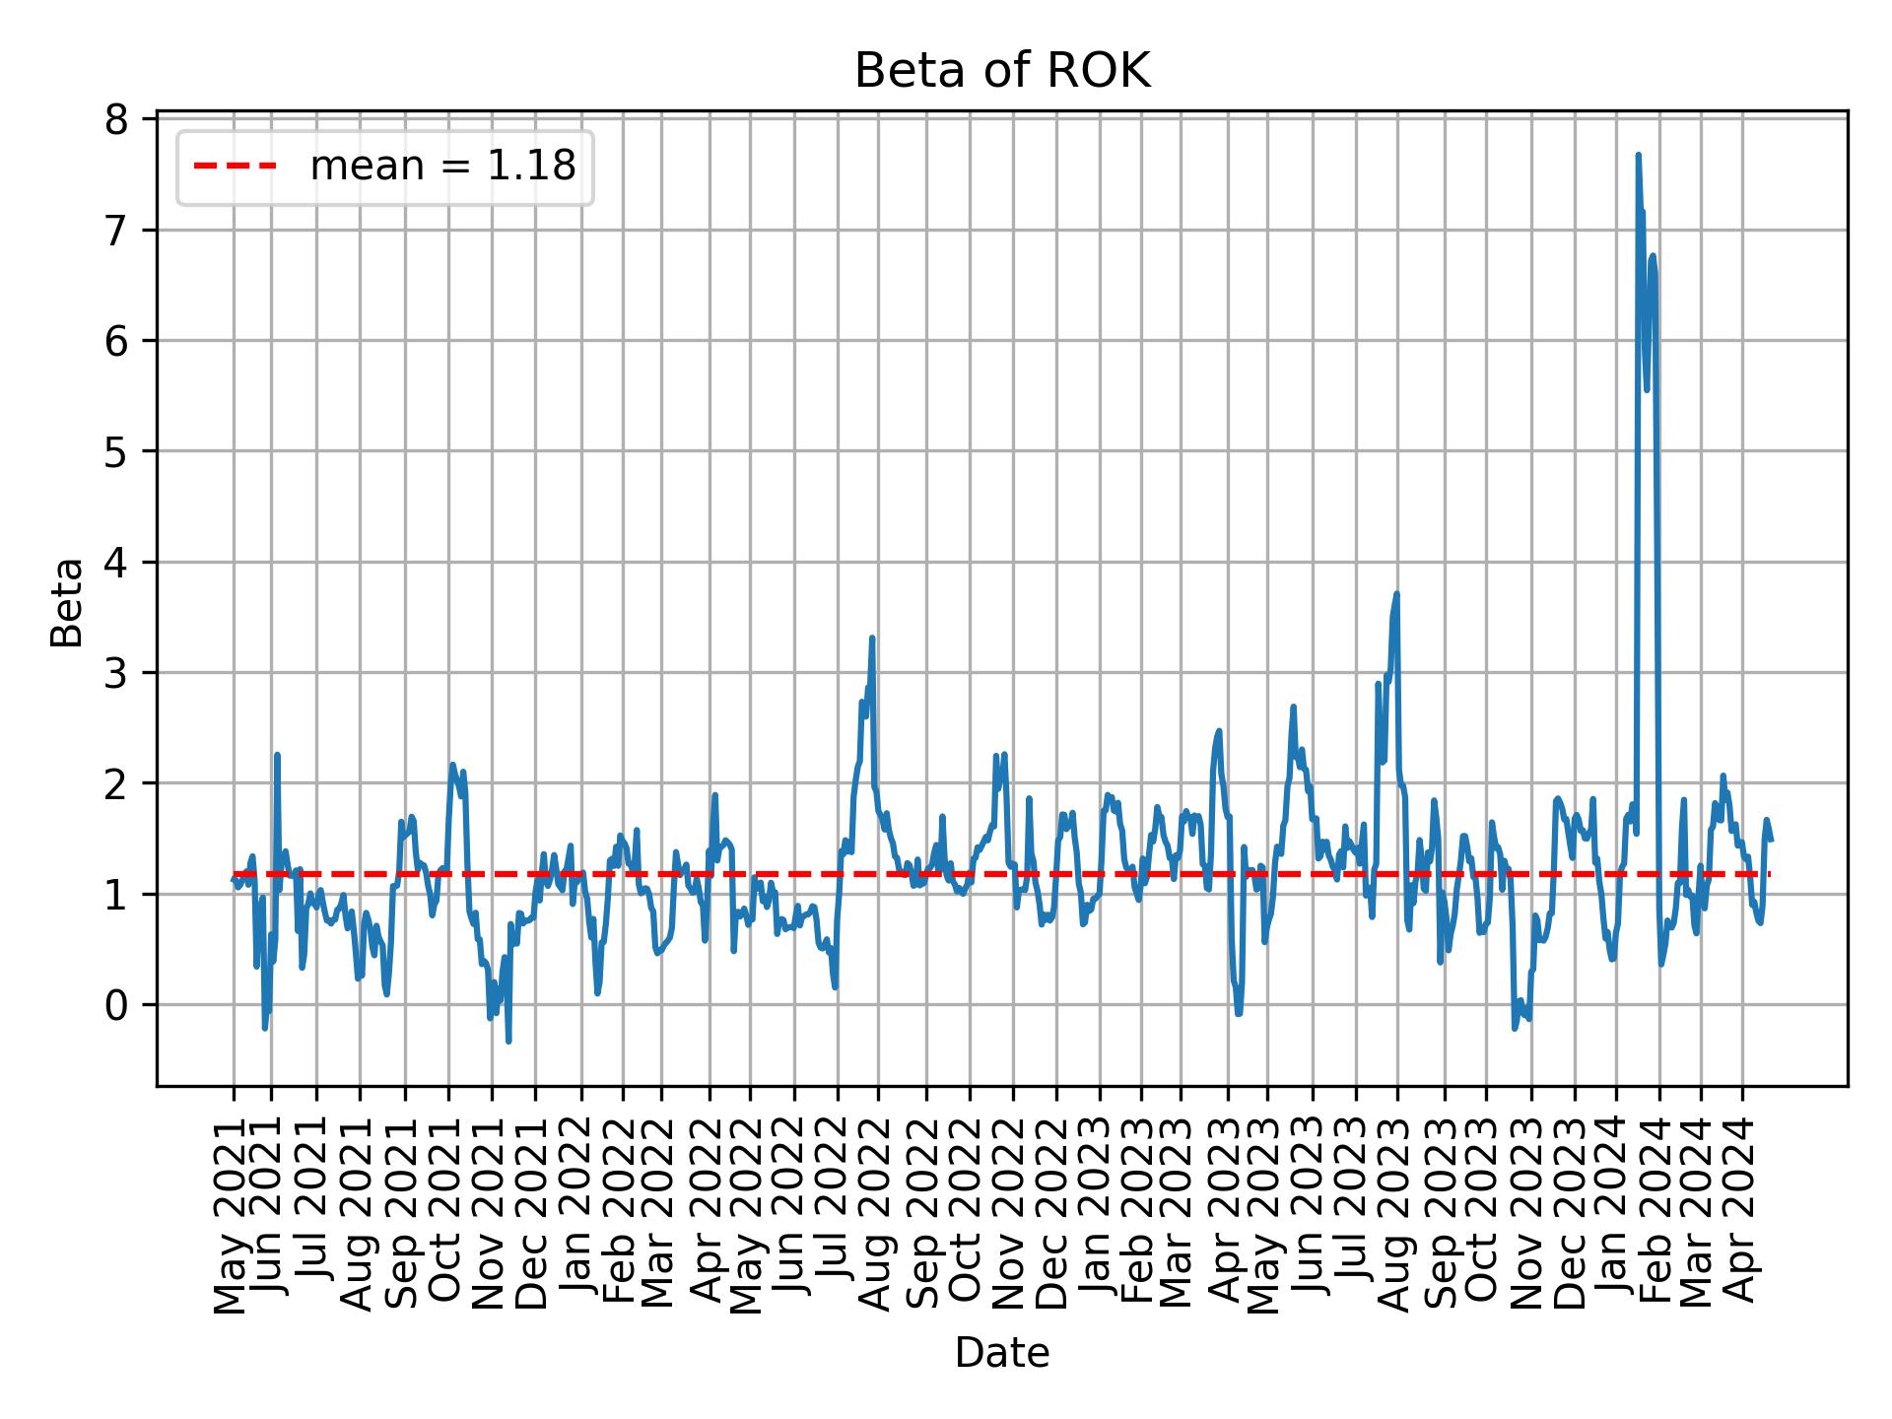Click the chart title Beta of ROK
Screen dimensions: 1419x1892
point(1001,71)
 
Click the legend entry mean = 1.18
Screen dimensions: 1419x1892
point(442,168)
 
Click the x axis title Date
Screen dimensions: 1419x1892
point(1001,1353)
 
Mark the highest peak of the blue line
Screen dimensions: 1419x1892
point(1638,155)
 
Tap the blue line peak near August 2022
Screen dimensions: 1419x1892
point(872,638)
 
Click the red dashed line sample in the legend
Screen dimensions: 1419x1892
point(235,168)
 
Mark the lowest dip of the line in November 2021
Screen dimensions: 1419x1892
point(508,1041)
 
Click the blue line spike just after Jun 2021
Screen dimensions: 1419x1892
point(277,755)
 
